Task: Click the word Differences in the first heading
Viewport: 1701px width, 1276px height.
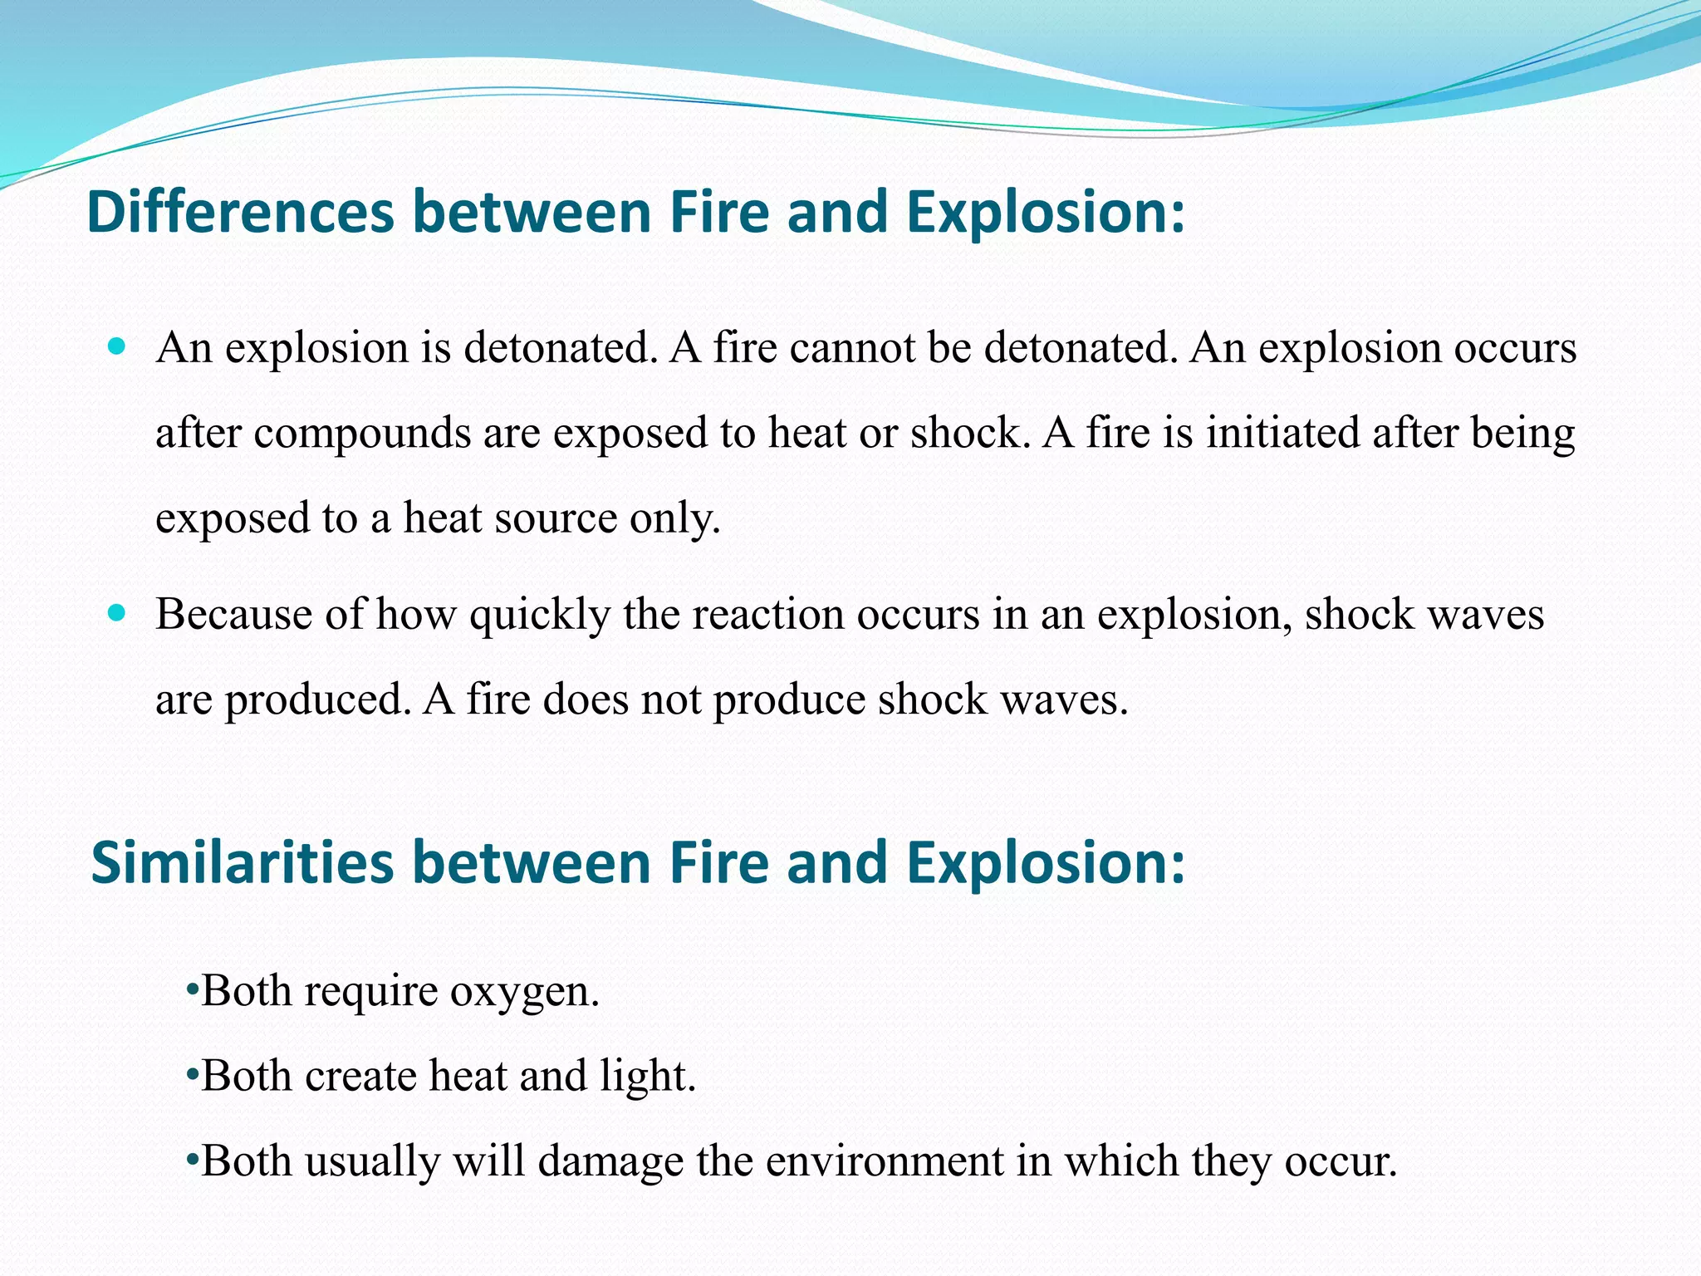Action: (x=240, y=212)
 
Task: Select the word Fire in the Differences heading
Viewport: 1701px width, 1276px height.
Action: (x=720, y=212)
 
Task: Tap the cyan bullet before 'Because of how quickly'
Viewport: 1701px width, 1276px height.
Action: (x=117, y=613)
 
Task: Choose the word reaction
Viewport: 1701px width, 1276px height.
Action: (x=767, y=615)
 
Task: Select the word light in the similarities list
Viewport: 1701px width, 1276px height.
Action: (x=647, y=1077)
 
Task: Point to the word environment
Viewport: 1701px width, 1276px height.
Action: (x=884, y=1161)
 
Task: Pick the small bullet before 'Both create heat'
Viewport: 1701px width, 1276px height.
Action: (x=191, y=1076)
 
